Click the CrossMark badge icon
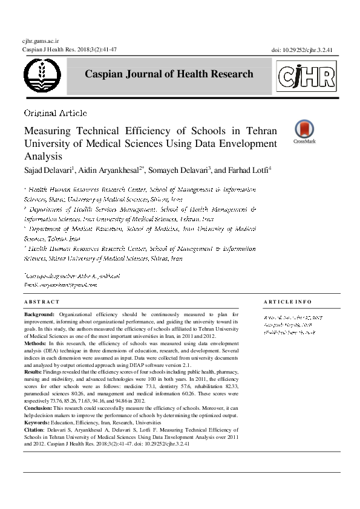tap(304, 130)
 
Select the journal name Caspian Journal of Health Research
tap(169, 74)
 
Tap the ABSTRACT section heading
tap(42, 302)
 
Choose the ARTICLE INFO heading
tap(288, 302)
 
